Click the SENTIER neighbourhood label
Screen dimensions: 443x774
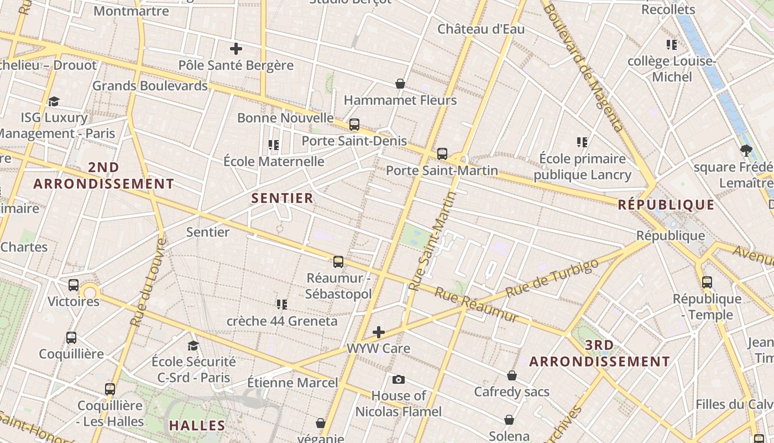coord(283,198)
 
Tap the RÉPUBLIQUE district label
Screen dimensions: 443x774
coord(666,205)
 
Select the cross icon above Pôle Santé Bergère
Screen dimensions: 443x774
coord(236,49)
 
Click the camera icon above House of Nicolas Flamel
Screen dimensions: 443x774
coord(398,379)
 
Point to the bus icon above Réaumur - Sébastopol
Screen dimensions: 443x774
coord(338,262)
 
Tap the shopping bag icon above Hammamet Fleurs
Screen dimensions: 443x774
coord(400,84)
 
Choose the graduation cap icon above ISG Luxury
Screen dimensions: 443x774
coord(54,101)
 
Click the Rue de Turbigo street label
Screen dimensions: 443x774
coord(552,277)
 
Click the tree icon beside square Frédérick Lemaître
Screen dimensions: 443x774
coord(746,150)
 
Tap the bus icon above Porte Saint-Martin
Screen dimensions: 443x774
coord(442,154)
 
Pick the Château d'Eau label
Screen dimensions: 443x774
coord(481,29)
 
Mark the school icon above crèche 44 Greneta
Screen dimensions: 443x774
coord(282,304)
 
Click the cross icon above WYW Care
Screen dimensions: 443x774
coord(379,332)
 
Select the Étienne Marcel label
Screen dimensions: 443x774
coord(292,383)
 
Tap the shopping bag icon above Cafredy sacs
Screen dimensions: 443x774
coord(512,375)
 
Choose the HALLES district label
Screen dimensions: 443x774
coord(197,426)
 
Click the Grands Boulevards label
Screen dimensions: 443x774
coord(150,86)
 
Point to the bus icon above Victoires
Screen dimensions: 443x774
coord(74,285)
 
